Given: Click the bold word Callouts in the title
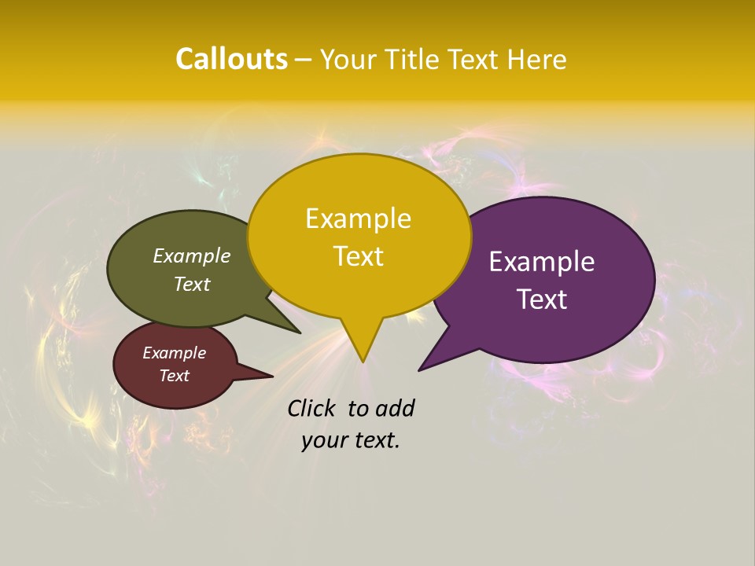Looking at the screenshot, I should (x=231, y=59).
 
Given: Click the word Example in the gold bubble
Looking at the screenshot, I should (x=358, y=219).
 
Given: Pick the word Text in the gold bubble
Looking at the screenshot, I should (x=358, y=256).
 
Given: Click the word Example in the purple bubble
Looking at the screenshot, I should (x=542, y=262).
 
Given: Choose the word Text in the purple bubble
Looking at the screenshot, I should (x=542, y=300).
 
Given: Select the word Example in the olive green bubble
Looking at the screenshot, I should (x=192, y=255).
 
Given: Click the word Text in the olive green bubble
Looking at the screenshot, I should (x=192, y=284).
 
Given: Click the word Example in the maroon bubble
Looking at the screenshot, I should (x=174, y=353).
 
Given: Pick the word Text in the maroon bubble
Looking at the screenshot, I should (x=174, y=376).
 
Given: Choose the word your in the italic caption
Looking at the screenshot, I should (x=323, y=440).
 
